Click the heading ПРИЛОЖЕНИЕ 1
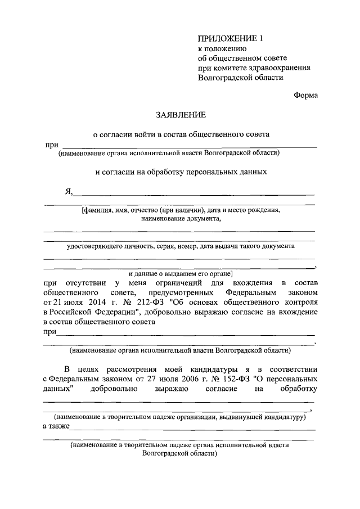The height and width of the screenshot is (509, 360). tap(230, 38)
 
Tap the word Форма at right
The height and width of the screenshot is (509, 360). tap(305, 95)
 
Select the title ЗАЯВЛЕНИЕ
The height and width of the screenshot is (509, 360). tap(181, 115)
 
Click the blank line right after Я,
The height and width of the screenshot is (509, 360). tap(194, 194)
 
